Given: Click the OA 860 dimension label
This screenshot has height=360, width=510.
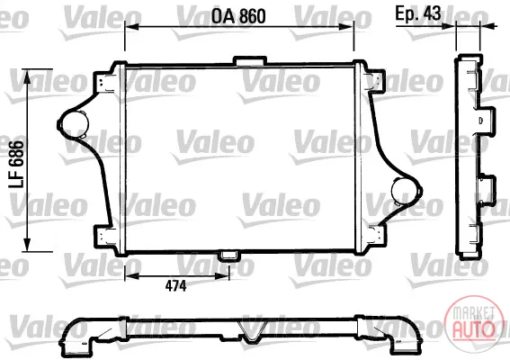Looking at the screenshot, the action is [x=238, y=16].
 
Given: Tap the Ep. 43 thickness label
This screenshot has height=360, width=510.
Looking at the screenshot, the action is [x=418, y=13].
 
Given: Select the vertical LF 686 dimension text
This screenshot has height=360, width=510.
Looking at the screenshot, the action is [x=16, y=165].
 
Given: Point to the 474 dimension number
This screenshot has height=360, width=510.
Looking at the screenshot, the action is [x=175, y=286].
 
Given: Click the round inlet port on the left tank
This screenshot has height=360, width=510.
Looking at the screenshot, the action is [x=75, y=123].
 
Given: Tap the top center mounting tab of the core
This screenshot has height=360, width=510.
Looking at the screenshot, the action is [x=250, y=61].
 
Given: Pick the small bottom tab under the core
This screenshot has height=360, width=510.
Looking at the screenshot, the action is [x=229, y=256].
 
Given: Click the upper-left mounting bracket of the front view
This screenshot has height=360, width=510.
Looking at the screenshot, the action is [x=105, y=80].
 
